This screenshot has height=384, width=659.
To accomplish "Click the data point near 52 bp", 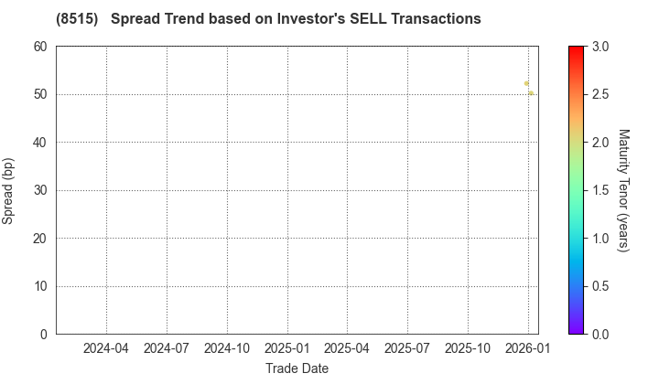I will coord(526,83).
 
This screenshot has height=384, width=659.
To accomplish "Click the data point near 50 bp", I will coord(531,92).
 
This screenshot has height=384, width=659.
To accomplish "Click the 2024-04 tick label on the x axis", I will coord(106,348).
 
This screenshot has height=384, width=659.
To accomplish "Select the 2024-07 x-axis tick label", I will coord(167,348).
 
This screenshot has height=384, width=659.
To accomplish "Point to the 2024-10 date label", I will coord(227,348).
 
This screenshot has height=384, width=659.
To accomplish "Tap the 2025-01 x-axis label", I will coord(287,348).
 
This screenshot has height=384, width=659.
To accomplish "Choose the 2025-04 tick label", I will coord(347,348).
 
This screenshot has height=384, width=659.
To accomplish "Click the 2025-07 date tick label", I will coord(407,348).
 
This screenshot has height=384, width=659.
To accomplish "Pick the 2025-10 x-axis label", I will coord(468,348).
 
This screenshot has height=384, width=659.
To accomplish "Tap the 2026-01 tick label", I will coord(528,348).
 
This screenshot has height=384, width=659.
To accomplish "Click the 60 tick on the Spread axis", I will coord(41,47).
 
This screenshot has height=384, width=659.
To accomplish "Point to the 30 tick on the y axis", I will coord(41,190).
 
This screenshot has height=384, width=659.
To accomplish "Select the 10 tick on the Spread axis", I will coord(41,286).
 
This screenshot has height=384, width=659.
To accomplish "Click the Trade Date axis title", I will coord(297,368).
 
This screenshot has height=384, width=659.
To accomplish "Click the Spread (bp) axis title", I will coord(9,190).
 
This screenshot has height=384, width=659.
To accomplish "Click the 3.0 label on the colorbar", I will coord(601,47).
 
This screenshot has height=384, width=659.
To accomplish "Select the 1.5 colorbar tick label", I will coord(601,190).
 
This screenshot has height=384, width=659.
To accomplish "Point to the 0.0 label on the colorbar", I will coord(601,334).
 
